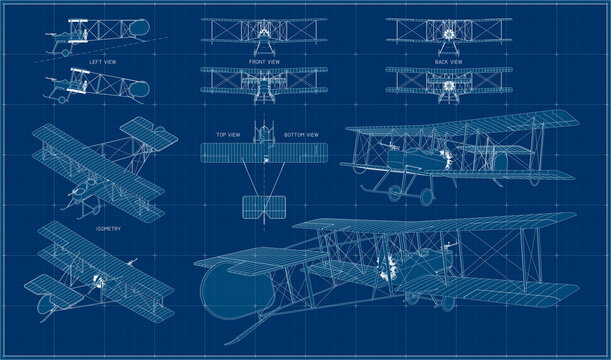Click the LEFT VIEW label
coord(103,63)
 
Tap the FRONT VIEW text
coord(265,61)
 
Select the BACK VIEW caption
coord(447,61)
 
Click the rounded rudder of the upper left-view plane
coord(142,32)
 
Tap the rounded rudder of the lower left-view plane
coord(142,86)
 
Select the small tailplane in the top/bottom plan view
coord(265,208)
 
